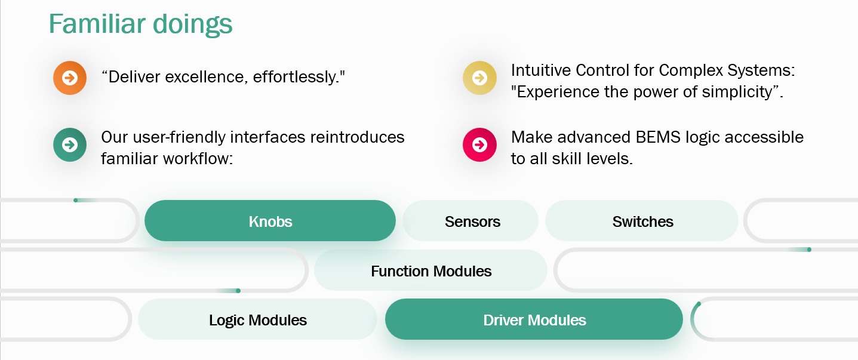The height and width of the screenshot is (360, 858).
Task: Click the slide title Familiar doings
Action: tap(140, 24)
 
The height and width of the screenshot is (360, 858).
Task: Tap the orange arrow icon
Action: tap(70, 78)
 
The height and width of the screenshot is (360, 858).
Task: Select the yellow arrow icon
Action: tap(479, 78)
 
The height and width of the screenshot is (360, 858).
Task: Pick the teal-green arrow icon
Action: tap(70, 144)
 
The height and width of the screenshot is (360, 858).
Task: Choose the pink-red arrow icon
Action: tap(479, 144)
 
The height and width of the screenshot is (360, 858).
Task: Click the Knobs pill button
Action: tap(270, 220)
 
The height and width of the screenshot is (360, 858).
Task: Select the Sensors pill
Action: tap(470, 220)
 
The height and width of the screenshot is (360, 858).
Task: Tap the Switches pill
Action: tap(642, 220)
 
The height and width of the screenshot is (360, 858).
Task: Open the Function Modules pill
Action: tap(430, 270)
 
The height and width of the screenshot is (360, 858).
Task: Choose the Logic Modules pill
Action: tap(257, 319)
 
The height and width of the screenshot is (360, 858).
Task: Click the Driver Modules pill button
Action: tap(534, 319)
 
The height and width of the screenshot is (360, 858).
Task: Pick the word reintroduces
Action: tap(358, 137)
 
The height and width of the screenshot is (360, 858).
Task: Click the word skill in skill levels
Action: tap(565, 159)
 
